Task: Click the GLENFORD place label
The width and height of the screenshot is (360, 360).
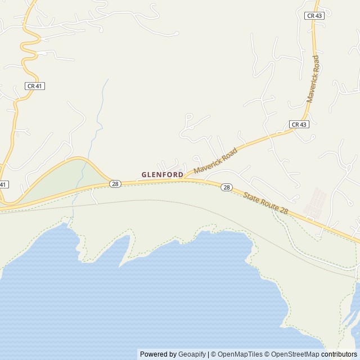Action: [x=162, y=175]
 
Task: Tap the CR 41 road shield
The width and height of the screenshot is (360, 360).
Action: [x=35, y=86]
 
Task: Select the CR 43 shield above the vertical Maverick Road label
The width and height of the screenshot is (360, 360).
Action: [x=314, y=16]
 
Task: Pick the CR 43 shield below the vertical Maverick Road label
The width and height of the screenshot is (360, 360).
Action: [x=299, y=124]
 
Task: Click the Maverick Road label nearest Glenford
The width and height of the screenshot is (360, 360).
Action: [x=216, y=160]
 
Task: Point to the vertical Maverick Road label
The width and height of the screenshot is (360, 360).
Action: [x=313, y=79]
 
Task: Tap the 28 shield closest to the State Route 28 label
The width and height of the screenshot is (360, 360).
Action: [x=226, y=187]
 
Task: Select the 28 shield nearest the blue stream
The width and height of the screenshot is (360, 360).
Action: [x=115, y=184]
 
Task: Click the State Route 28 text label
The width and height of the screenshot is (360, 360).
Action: [x=266, y=203]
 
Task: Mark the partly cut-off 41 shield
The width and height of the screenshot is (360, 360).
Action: [x=3, y=184]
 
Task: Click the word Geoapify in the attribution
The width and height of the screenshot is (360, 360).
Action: [x=192, y=354]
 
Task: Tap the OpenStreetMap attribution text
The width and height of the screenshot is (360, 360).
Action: [x=295, y=354]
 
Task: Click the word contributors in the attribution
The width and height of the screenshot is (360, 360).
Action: [x=339, y=354]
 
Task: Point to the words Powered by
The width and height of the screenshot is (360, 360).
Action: [x=158, y=354]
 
